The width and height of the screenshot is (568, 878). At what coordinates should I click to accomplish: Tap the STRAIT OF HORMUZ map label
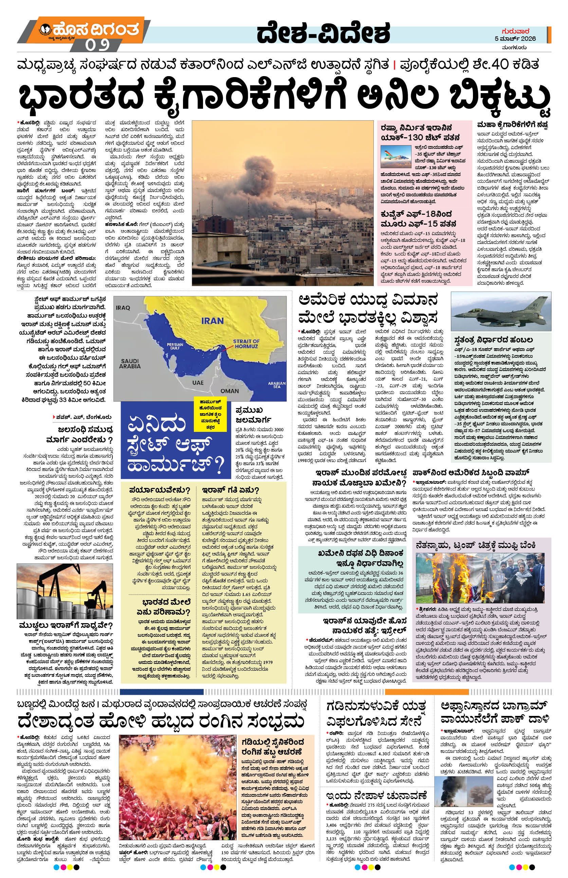246,344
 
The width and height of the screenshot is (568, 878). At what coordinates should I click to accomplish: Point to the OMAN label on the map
229,391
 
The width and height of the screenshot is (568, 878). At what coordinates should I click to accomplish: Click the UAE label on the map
198,383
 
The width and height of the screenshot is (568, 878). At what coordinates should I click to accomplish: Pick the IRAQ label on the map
123,308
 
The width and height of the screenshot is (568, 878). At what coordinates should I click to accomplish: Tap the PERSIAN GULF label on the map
175,346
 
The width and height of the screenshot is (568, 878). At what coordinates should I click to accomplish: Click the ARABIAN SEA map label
276,385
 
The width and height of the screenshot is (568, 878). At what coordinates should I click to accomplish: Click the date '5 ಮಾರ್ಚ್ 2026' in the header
515,39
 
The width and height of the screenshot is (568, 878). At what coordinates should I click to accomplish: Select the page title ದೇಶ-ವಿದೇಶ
323,34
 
